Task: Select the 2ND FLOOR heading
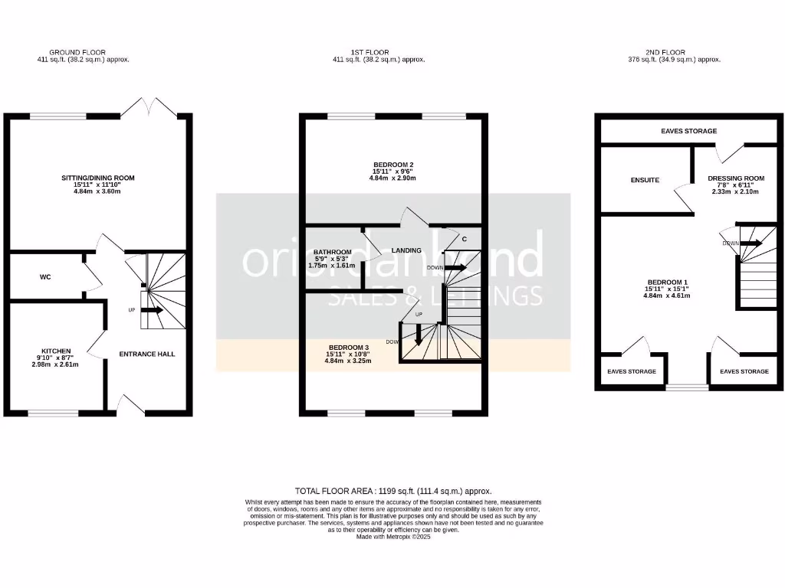[x=675, y=53]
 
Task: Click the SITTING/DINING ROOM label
[x=97, y=178]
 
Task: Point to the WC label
[x=45, y=276]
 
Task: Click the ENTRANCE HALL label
[x=147, y=354]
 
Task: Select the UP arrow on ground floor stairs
[x=152, y=310]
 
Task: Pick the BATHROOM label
[x=333, y=253]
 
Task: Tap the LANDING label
[x=406, y=250]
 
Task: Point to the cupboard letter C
[x=465, y=239]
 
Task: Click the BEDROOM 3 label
[x=349, y=348]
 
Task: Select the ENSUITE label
[x=645, y=181]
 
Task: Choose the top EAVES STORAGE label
[x=688, y=131]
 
